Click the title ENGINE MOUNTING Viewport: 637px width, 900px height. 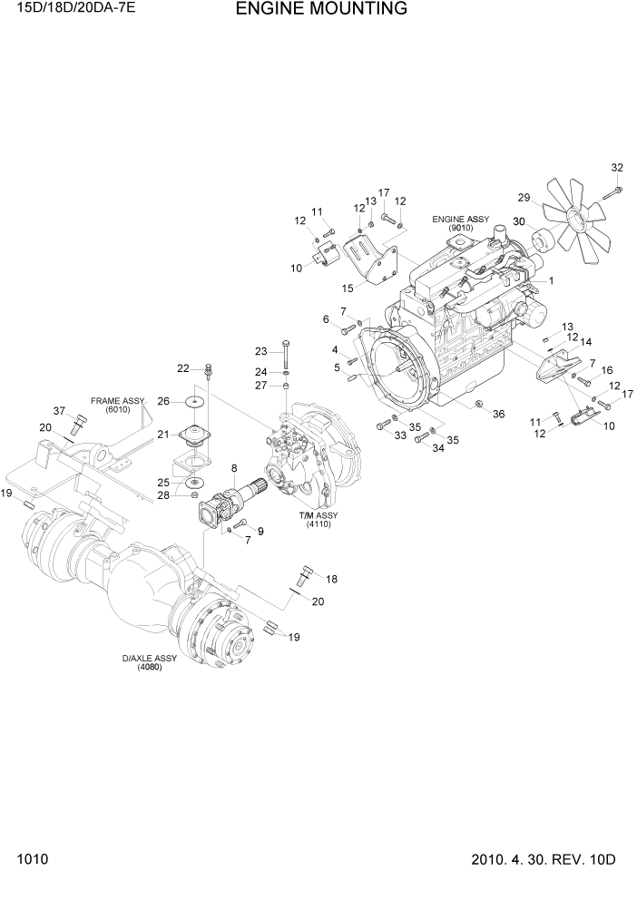(321, 10)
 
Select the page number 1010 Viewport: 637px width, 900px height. (31, 859)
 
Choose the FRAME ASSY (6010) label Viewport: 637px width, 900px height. (117, 404)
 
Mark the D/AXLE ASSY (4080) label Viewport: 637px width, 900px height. (149, 662)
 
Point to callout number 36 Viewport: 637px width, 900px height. (498, 414)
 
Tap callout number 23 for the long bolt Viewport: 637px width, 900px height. (260, 351)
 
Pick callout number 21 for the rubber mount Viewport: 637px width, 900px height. (163, 435)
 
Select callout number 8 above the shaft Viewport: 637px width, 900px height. (234, 468)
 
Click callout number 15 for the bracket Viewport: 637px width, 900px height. (347, 288)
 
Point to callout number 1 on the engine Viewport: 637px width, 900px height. (550, 281)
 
